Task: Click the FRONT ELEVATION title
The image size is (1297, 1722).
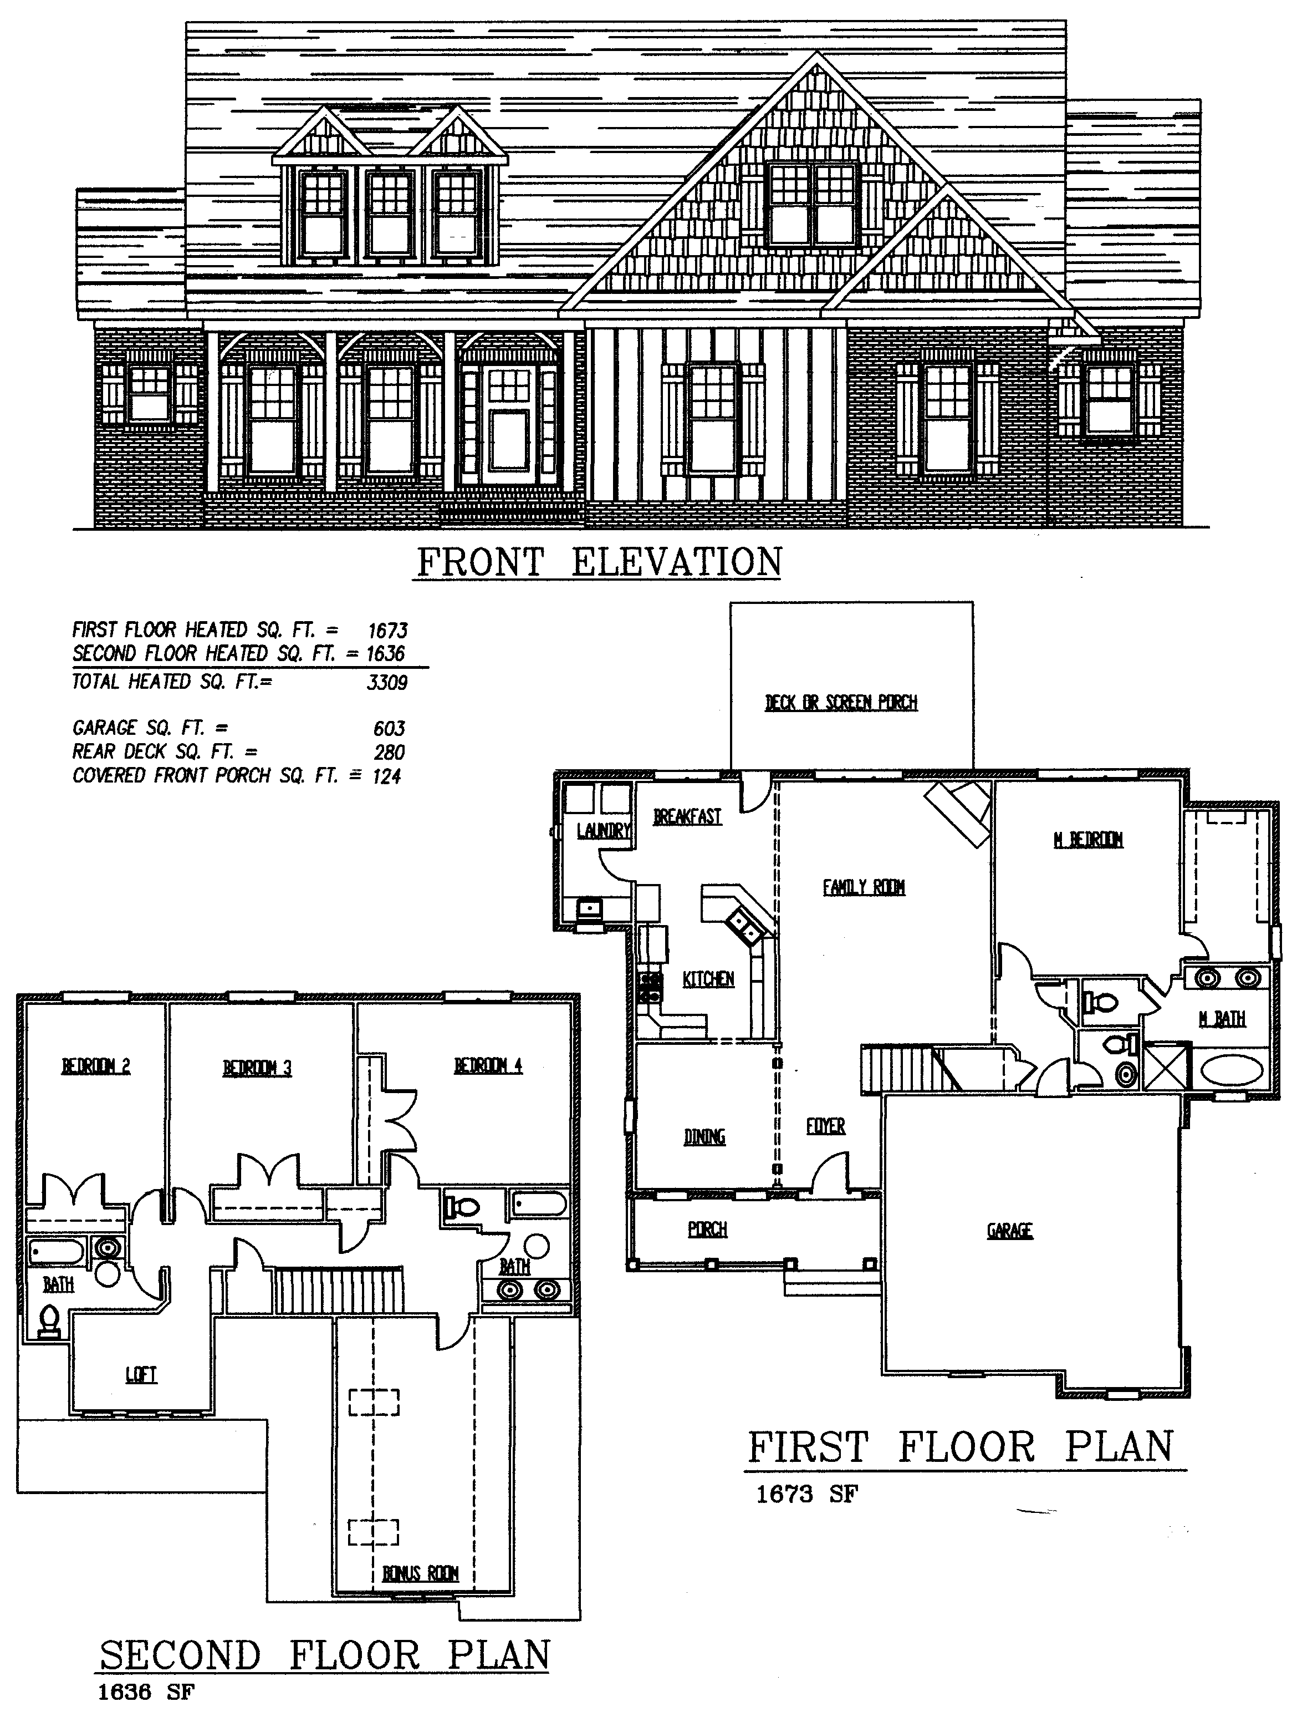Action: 599,562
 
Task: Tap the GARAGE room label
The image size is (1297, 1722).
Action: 1010,1231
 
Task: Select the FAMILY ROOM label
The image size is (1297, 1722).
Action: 864,887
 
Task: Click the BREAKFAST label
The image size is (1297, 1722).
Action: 687,816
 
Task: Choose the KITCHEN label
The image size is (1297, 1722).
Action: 708,979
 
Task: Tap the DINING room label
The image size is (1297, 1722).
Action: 704,1137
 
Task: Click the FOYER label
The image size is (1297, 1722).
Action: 825,1126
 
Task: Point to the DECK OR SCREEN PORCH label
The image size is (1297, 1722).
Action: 841,703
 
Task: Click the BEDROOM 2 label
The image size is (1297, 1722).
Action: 96,1066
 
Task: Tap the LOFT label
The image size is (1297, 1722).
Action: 141,1375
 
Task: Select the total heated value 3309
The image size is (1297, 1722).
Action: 387,683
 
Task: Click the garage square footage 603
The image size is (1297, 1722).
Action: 389,729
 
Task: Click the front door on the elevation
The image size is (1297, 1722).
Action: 507,424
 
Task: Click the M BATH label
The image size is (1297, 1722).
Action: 1222,1018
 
